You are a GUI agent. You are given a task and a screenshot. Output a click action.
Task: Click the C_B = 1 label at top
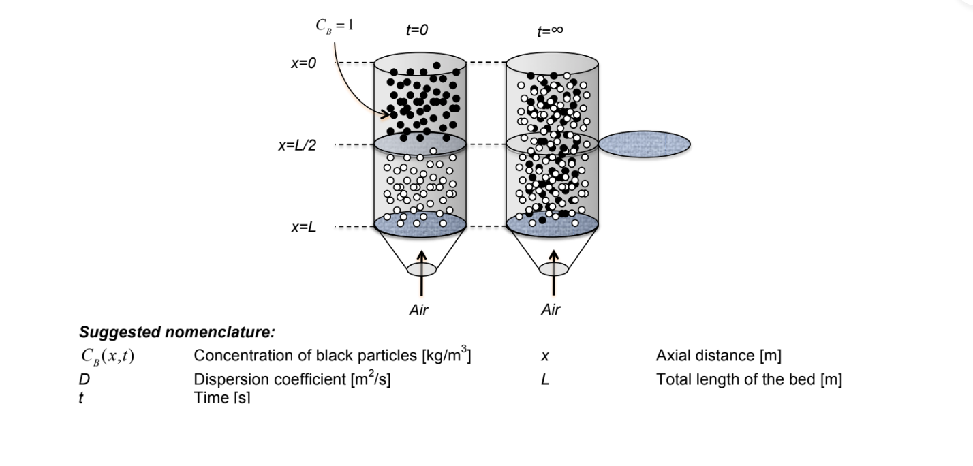334,26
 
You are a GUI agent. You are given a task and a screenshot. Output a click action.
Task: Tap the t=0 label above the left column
416,31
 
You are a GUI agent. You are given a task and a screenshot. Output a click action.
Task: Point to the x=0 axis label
303,63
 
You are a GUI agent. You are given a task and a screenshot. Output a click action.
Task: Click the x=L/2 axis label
296,145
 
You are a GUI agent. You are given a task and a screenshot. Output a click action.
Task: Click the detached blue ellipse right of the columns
644,144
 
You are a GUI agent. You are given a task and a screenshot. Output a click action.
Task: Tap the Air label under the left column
418,310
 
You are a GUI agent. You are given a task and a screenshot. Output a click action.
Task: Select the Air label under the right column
551,310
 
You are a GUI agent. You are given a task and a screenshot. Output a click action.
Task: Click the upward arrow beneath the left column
421,272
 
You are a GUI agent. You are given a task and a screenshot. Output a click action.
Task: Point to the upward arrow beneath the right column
553,272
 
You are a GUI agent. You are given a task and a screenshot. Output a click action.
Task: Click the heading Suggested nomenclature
177,333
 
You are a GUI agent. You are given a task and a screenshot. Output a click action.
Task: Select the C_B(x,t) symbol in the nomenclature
106,356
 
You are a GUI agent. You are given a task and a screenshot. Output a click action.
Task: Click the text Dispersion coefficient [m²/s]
292,379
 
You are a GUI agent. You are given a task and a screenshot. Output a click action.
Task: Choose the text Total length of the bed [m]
749,379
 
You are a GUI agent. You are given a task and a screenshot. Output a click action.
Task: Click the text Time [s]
222,399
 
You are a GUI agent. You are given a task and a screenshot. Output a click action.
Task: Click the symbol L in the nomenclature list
545,379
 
